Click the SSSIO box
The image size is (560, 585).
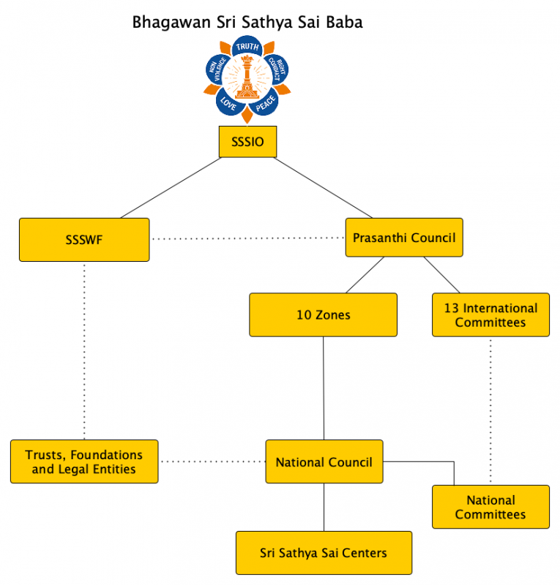(x=247, y=143)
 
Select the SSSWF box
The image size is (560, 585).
(x=84, y=239)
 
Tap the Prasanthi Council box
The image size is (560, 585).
(x=404, y=238)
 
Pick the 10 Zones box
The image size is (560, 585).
(x=323, y=315)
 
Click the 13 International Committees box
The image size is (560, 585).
(x=490, y=315)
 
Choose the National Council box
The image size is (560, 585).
(x=324, y=461)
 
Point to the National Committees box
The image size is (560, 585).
(x=490, y=507)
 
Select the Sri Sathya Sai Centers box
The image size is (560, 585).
(x=324, y=552)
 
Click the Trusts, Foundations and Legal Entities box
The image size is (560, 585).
(x=84, y=461)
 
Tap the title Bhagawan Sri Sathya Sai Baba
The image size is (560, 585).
(x=247, y=23)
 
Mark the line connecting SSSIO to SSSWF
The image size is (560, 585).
(x=171, y=188)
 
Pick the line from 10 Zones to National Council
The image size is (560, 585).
(x=324, y=388)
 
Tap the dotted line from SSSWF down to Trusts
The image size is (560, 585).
(x=84, y=351)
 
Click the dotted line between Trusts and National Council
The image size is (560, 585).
(x=212, y=461)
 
